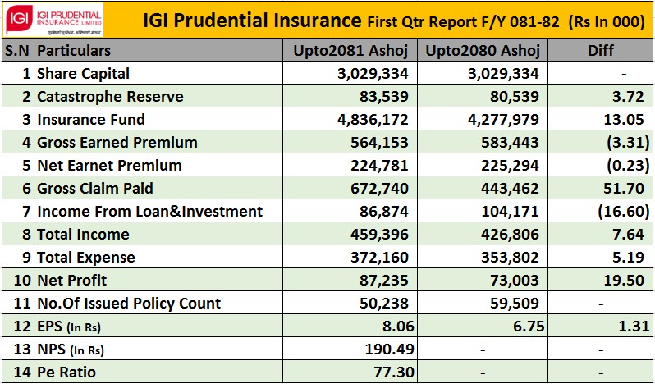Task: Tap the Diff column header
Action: (x=601, y=51)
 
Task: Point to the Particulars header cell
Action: (x=74, y=51)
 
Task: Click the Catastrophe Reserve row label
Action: (x=110, y=97)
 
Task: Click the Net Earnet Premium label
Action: (x=109, y=166)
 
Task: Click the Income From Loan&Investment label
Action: (x=150, y=212)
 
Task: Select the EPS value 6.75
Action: (x=524, y=327)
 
